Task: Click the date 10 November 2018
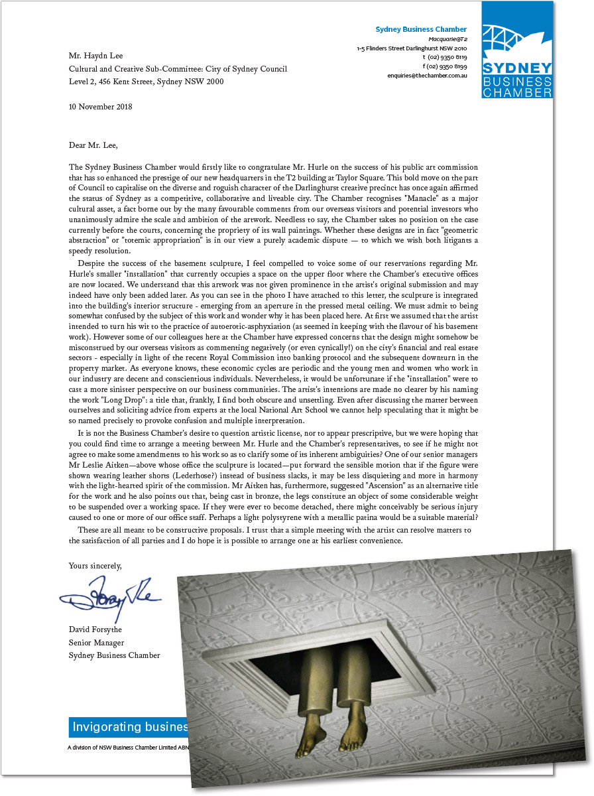pyautogui.click(x=101, y=106)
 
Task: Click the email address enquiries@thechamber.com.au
pyautogui.click(x=428, y=76)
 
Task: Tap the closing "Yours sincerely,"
pyautogui.click(x=95, y=566)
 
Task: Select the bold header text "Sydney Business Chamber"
pyautogui.click(x=421, y=29)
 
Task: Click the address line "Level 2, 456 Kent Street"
pyautogui.click(x=146, y=82)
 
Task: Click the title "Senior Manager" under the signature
pyautogui.click(x=96, y=642)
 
